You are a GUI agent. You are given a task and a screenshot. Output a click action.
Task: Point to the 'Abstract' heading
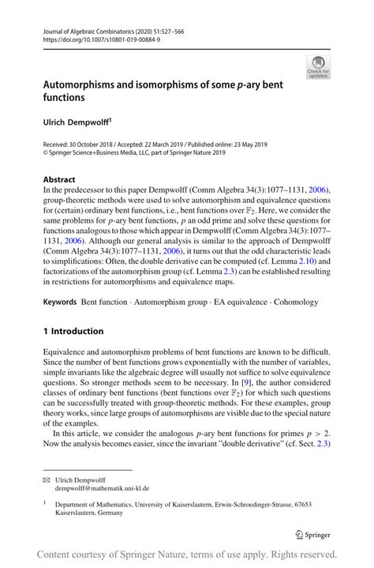point(59,179)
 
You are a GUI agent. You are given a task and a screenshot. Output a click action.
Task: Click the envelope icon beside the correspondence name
point(47,479)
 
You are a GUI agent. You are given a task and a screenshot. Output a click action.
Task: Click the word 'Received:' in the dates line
point(59,146)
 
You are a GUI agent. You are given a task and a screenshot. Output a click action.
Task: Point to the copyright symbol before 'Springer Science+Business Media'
point(46,155)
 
